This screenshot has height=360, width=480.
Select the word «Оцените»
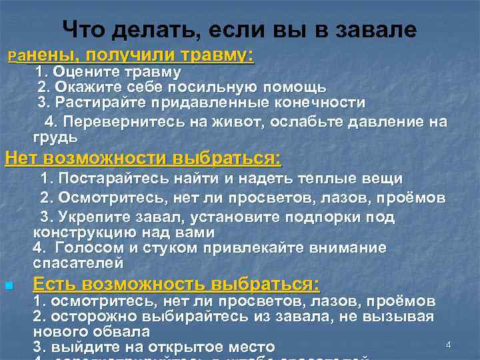pyautogui.click(x=83, y=72)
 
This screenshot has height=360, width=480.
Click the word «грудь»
pyautogui.click(x=55, y=137)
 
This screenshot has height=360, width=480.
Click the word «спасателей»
pyautogui.click(x=78, y=263)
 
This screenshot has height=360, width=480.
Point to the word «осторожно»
pyautogui.click(x=87, y=316)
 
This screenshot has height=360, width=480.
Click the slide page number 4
pyautogui.click(x=449, y=345)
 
